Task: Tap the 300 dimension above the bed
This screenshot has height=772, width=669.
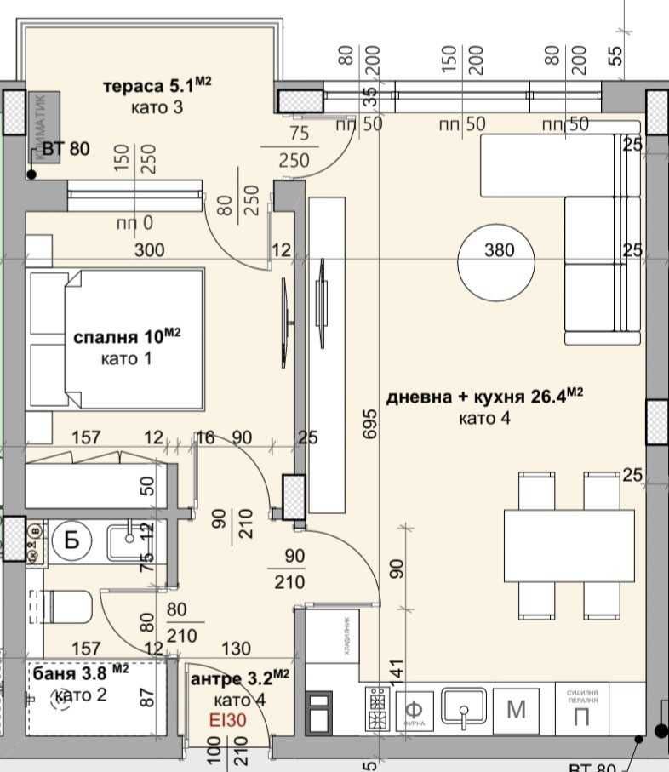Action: coord(149,250)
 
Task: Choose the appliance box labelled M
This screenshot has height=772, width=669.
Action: coord(517,708)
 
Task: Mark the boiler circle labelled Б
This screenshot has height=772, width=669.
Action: coord(72,540)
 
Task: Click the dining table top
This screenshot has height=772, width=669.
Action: coord(569,545)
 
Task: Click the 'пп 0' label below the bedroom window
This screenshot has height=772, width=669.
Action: coord(134,224)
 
